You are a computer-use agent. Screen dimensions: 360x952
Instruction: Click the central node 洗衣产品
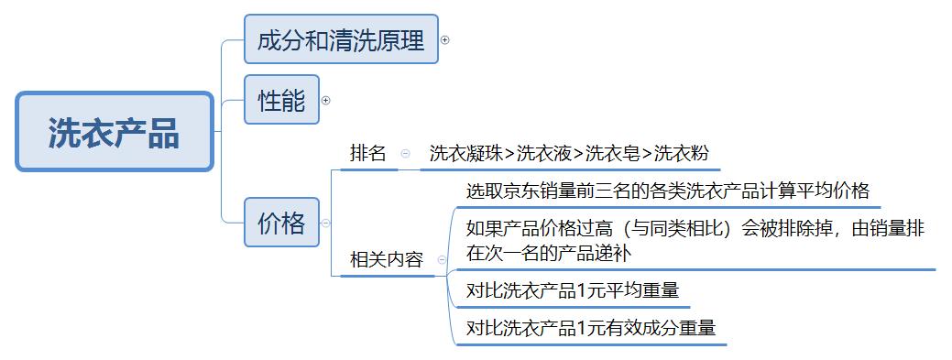coord(115,131)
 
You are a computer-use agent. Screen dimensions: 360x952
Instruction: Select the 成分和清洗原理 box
coord(341,39)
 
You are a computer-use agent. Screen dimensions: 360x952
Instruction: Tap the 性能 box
coord(281,99)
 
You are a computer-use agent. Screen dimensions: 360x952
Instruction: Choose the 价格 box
coord(281,223)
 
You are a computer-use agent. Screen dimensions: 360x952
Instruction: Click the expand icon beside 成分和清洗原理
coord(445,39)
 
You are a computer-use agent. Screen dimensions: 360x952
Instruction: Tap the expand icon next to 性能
coord(325,100)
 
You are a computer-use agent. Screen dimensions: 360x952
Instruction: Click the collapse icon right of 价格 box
coord(326,223)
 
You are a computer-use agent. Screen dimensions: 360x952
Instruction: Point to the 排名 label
coord(367,154)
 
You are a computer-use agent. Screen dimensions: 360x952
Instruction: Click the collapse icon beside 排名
coord(405,154)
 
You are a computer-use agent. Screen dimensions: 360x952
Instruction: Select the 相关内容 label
coord(387,259)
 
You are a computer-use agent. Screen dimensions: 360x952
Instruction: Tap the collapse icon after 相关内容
coord(442,259)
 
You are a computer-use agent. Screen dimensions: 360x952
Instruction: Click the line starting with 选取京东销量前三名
coord(667,192)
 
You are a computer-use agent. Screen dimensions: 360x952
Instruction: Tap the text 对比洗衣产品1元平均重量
coord(573,291)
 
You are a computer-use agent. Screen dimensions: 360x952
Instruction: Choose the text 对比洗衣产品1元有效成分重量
coord(591,327)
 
